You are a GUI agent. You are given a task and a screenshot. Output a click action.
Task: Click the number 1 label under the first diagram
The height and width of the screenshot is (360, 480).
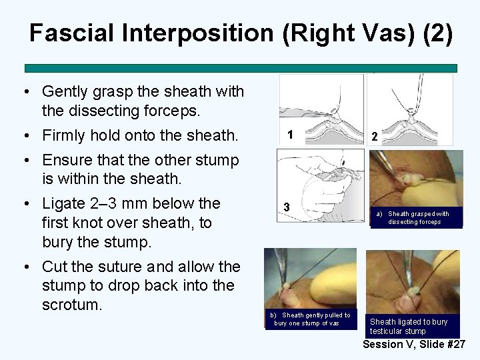click(290, 135)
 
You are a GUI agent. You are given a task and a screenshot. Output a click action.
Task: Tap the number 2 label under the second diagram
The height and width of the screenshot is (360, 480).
click(375, 136)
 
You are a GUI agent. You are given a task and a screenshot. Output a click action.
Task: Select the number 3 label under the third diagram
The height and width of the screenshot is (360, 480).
click(285, 207)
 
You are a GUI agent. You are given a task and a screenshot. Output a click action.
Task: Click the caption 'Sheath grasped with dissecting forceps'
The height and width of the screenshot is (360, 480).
click(414, 217)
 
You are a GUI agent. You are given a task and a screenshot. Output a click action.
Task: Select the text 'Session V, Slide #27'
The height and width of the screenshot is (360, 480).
click(414, 344)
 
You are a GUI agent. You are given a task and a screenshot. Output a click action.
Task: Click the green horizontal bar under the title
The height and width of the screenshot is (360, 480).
click(241, 68)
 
